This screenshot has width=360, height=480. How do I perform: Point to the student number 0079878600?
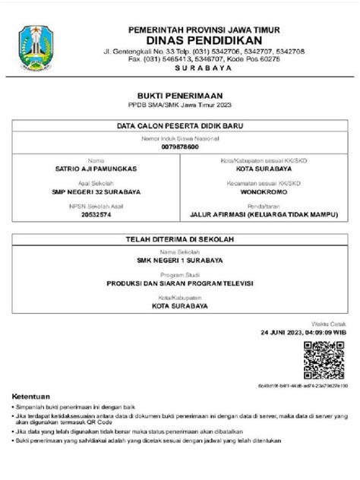[180, 147]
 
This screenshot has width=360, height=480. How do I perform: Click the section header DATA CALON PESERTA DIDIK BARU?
[180, 124]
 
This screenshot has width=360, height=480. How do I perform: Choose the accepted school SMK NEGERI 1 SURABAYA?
[180, 261]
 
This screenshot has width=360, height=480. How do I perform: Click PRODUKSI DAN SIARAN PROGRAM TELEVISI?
[180, 281]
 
